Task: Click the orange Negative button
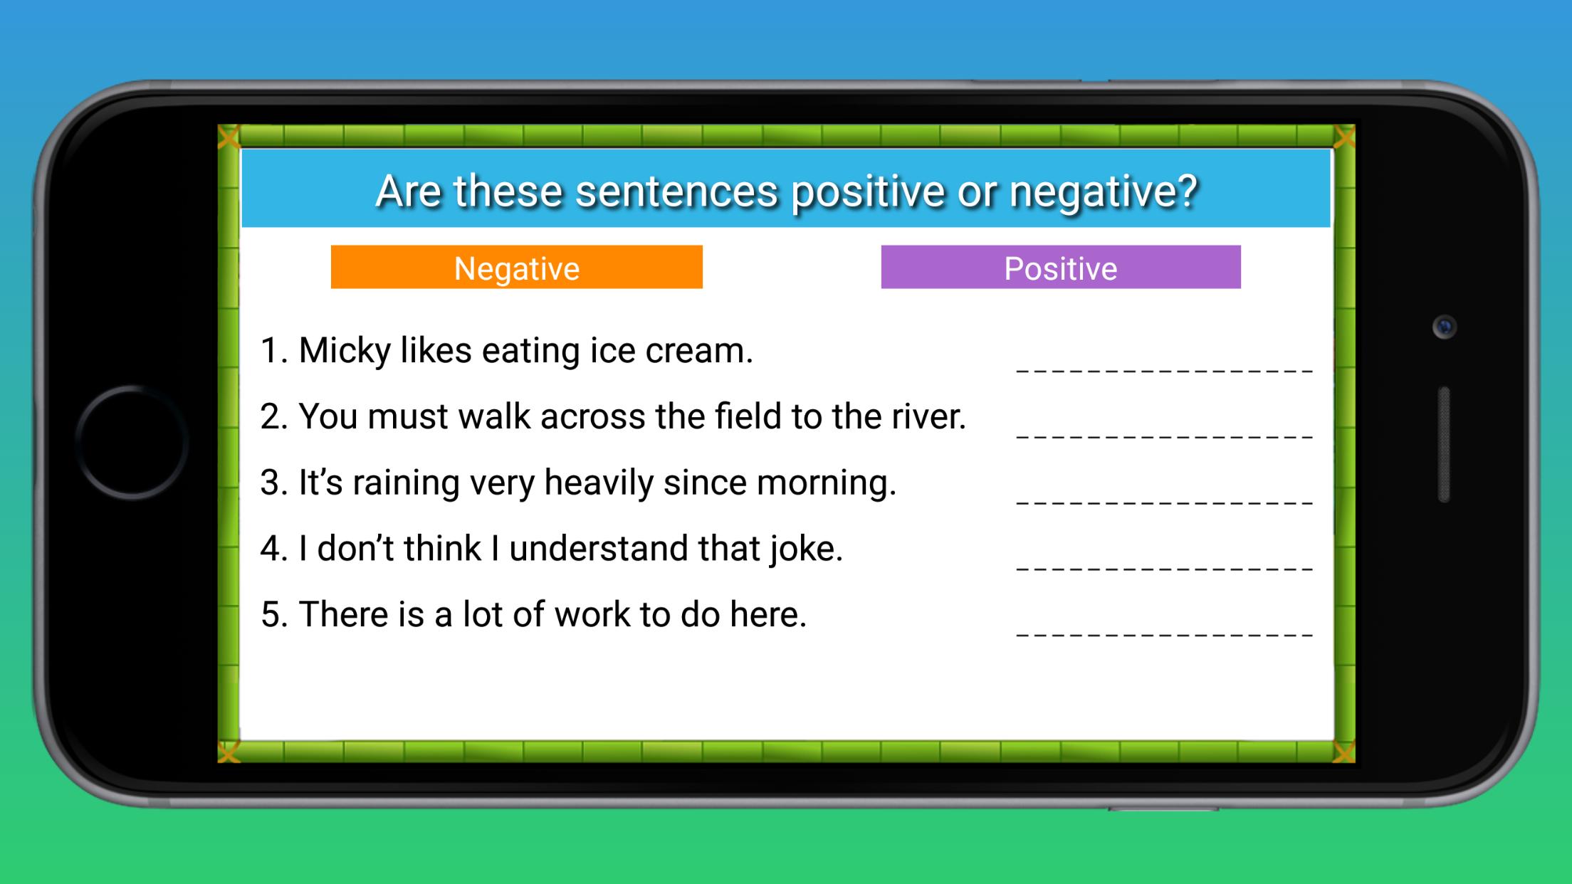pos(517,267)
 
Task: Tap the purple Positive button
pos(1061,267)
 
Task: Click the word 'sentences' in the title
pos(677,191)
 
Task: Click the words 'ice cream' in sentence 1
pos(671,351)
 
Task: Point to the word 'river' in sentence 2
pos(928,416)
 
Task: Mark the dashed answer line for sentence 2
pos(1165,436)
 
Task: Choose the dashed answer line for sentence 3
pos(1165,502)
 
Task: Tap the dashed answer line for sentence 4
pos(1165,569)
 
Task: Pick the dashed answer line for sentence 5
pos(1165,634)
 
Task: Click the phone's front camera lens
pos(1445,327)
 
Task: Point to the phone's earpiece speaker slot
pos(1445,445)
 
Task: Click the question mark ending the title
pos(1188,191)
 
